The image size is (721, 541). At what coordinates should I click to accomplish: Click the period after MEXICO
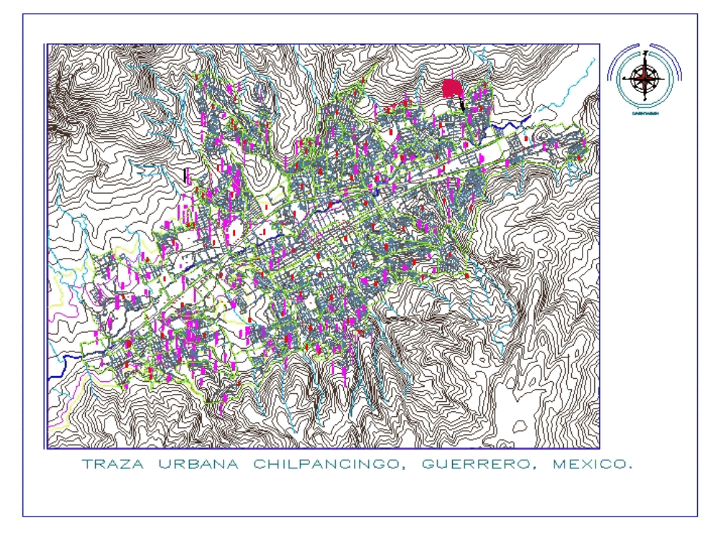click(630, 468)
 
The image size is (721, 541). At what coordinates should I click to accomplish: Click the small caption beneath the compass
click(644, 114)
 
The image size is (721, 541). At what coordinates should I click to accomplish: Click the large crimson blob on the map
click(452, 89)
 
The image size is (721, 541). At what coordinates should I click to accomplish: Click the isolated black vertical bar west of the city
click(186, 175)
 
